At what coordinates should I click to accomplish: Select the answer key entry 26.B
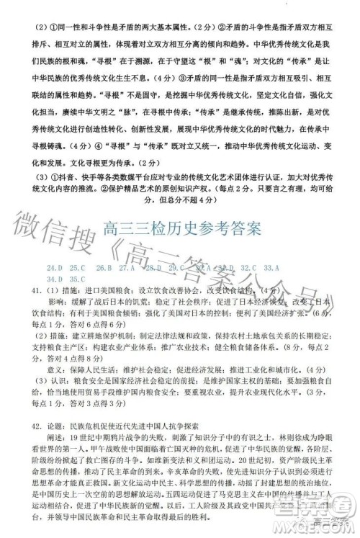[104, 267]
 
